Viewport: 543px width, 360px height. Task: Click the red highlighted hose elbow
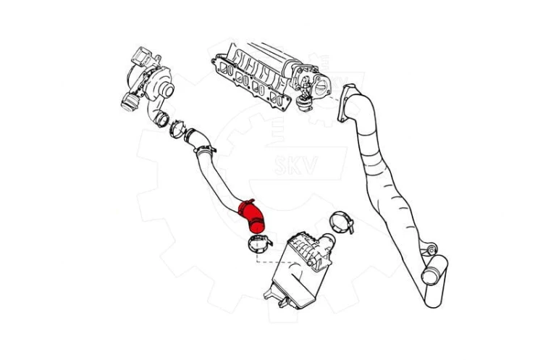[x=251, y=217]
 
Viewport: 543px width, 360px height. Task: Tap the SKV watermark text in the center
[x=295, y=165]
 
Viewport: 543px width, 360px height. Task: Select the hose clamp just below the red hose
[x=259, y=243]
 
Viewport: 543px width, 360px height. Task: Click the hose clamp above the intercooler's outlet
[x=342, y=222]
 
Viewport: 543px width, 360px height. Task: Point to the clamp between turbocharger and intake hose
[x=177, y=128]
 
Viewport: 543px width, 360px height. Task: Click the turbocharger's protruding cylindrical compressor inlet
[x=167, y=90]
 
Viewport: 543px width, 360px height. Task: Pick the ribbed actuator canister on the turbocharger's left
[x=130, y=102]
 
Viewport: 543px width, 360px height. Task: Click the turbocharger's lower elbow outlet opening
[x=161, y=119]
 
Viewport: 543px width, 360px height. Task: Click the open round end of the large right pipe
[x=429, y=276]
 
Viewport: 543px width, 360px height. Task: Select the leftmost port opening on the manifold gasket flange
[x=229, y=71]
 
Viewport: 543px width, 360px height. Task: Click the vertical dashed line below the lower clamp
[x=256, y=258]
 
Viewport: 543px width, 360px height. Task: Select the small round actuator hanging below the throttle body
[x=305, y=104]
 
